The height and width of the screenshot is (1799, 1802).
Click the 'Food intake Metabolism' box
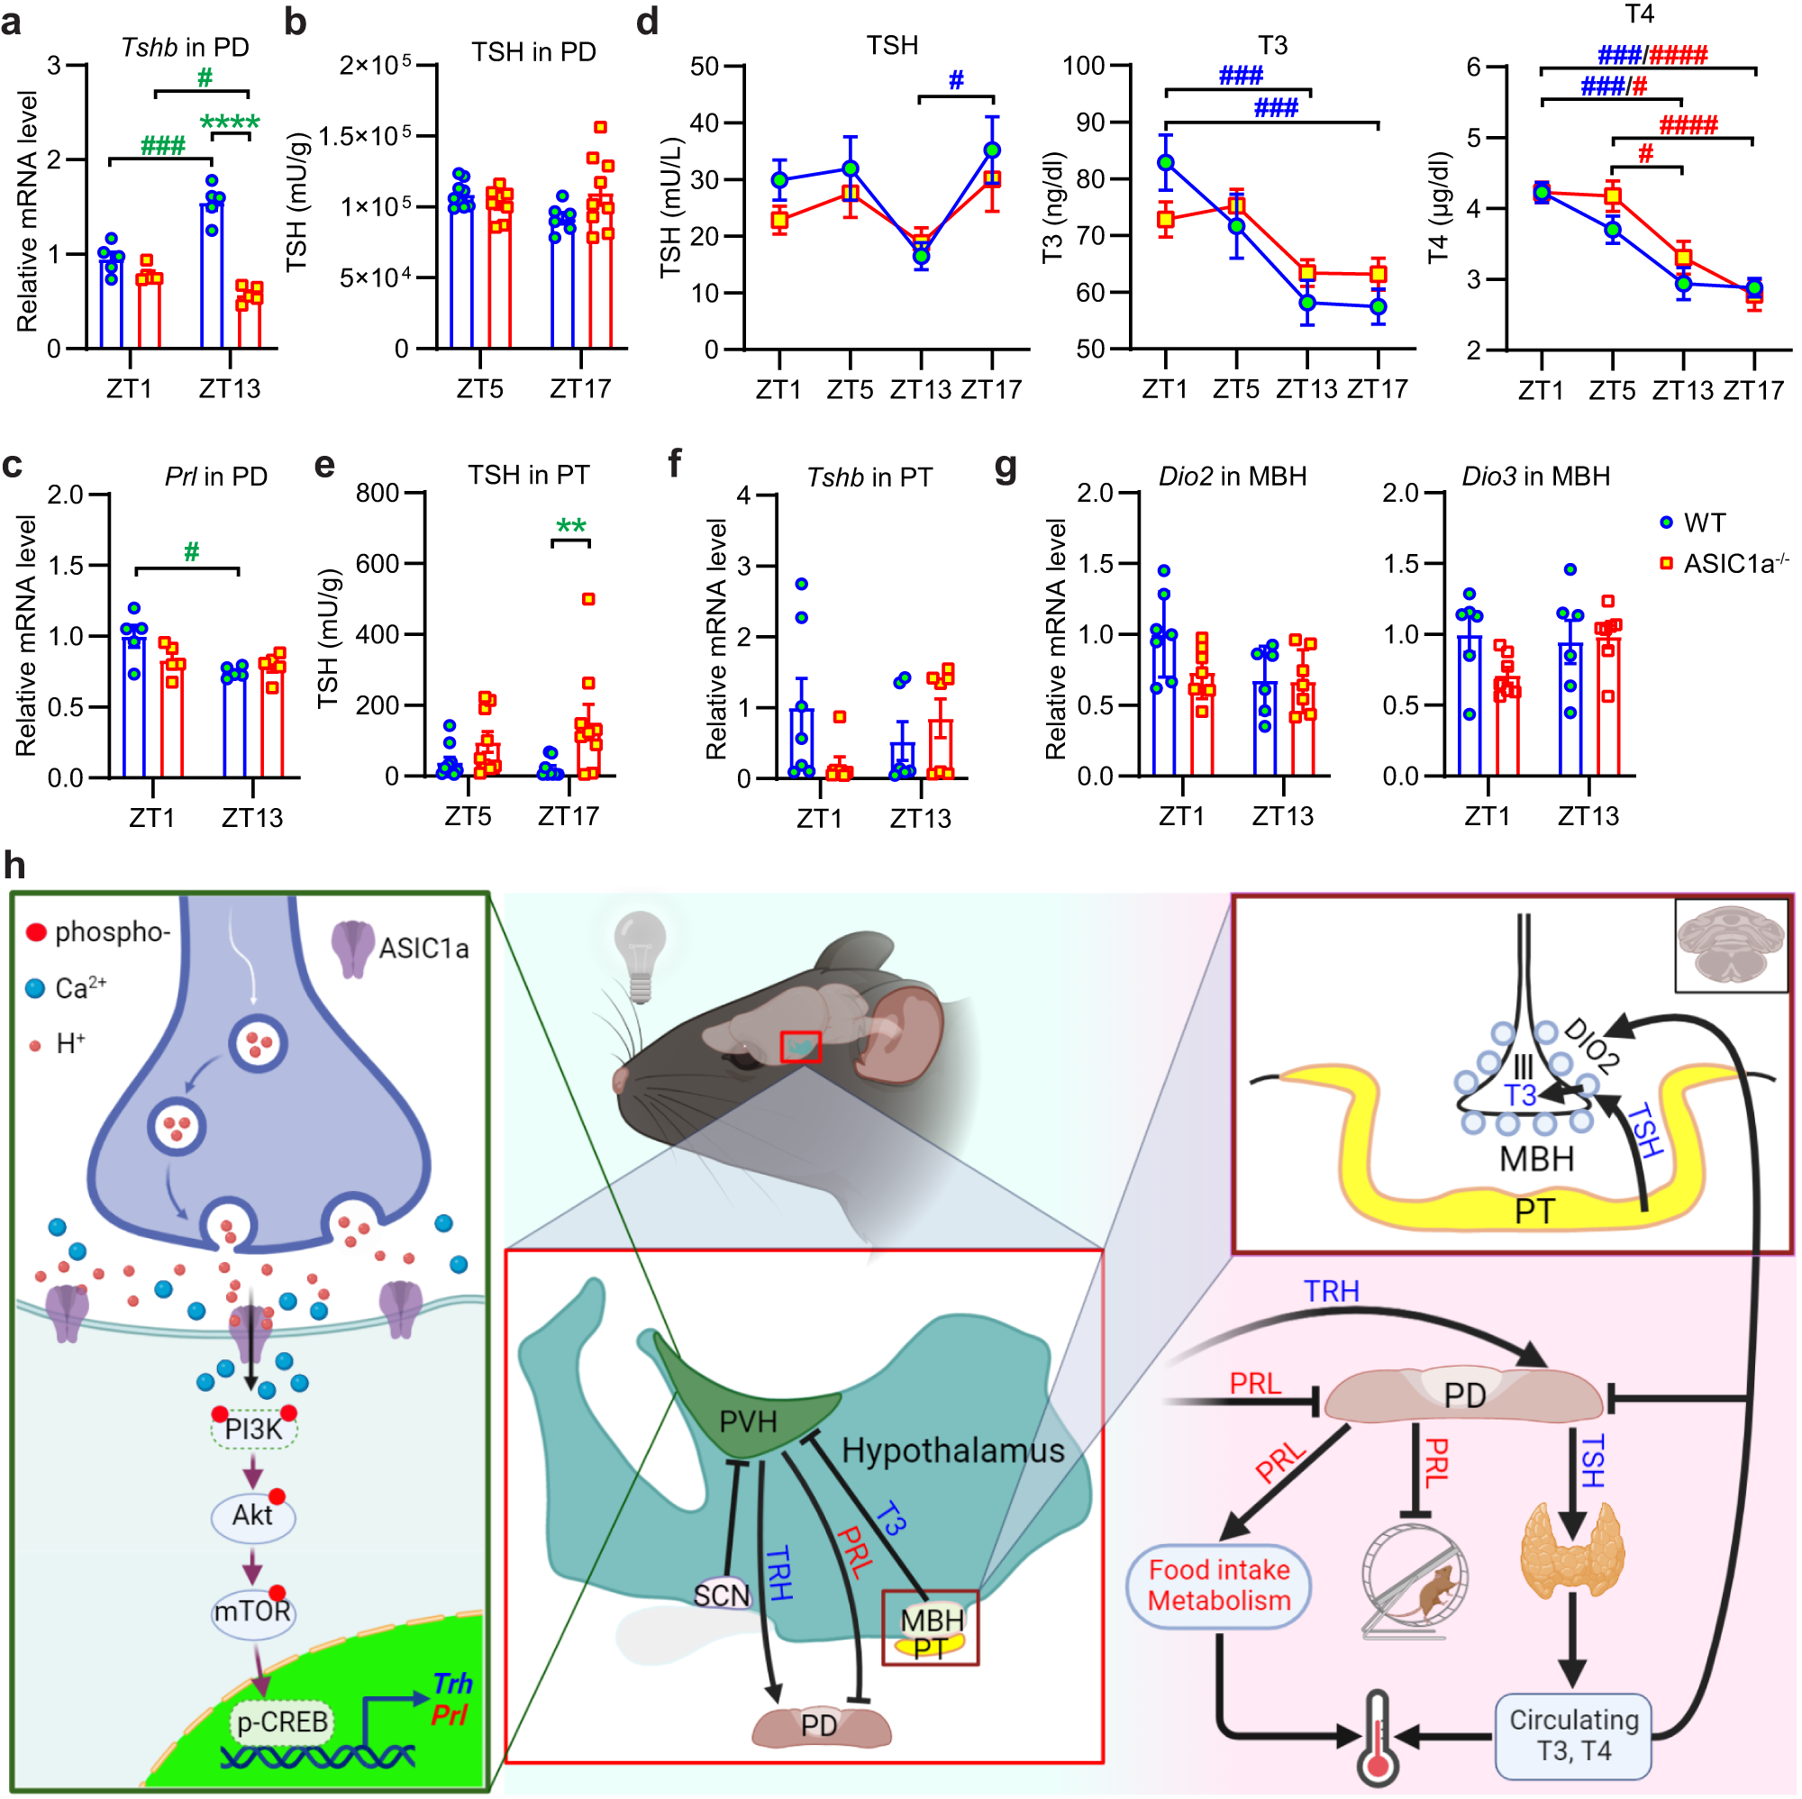1218,1585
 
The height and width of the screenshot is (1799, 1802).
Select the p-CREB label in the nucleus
283,1722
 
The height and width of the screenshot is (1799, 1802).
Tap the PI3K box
254,1429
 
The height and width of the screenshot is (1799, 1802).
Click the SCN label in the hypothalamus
722,1595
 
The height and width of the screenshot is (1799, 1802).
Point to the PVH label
748,1422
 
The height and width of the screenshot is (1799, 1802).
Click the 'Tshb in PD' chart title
185,47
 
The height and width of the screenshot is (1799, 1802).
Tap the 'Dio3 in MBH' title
1535,477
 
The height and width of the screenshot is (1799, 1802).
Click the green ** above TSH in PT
571,527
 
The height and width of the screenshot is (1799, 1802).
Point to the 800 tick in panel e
377,493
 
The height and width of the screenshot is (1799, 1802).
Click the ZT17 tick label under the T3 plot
1378,389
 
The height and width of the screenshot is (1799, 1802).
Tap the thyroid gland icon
1572,1552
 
